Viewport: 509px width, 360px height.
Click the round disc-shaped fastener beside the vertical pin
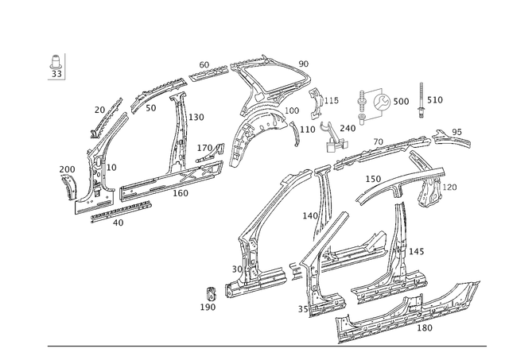(x=383, y=102)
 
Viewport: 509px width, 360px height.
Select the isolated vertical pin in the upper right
(x=420, y=100)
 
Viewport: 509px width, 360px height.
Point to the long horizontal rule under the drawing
(x=266, y=344)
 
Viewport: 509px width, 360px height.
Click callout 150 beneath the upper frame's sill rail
(x=182, y=192)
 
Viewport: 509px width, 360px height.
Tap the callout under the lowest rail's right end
(x=427, y=326)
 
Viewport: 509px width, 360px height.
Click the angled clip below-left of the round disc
(x=334, y=139)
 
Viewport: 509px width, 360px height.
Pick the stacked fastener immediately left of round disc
(x=365, y=102)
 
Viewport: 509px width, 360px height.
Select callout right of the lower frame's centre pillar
(x=414, y=251)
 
